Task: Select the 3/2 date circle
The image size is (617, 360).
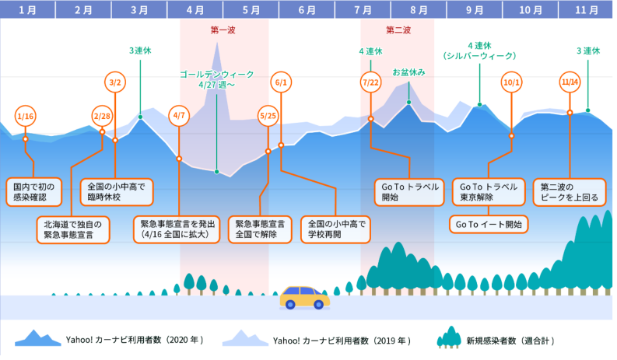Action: [x=115, y=82]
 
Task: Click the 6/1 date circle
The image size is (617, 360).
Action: [x=281, y=82]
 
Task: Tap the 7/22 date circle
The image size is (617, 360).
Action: [x=370, y=82]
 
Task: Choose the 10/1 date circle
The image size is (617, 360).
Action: [x=511, y=82]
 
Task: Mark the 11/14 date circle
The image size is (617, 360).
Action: [x=570, y=82]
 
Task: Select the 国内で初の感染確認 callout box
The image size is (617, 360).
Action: [x=36, y=193]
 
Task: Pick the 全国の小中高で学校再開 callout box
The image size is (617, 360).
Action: [x=335, y=229]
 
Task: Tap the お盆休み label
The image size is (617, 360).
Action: [x=409, y=72]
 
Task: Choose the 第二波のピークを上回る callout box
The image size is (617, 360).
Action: [x=569, y=193]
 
